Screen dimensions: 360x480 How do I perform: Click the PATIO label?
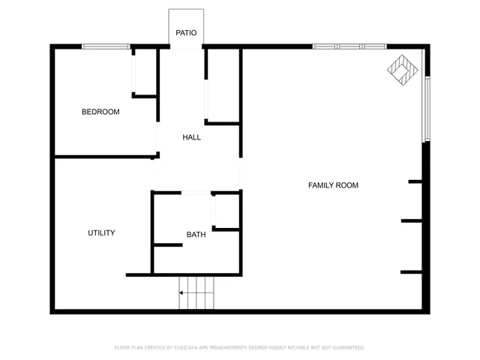186,33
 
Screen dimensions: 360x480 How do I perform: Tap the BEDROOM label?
100,112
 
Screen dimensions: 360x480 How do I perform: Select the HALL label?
191,137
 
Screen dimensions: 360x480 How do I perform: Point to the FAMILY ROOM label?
333,185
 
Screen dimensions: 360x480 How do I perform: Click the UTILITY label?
101,233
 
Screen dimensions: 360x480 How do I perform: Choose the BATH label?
196,235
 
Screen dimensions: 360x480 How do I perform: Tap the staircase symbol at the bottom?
196,292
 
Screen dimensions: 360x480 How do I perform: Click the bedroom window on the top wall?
106,47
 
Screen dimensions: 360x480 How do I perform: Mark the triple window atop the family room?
349,46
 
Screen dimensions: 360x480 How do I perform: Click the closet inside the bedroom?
144,72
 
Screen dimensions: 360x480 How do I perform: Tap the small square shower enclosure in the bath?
226,210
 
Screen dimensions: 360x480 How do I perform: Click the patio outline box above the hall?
186,28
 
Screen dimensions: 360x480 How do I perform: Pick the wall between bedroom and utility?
105,157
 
